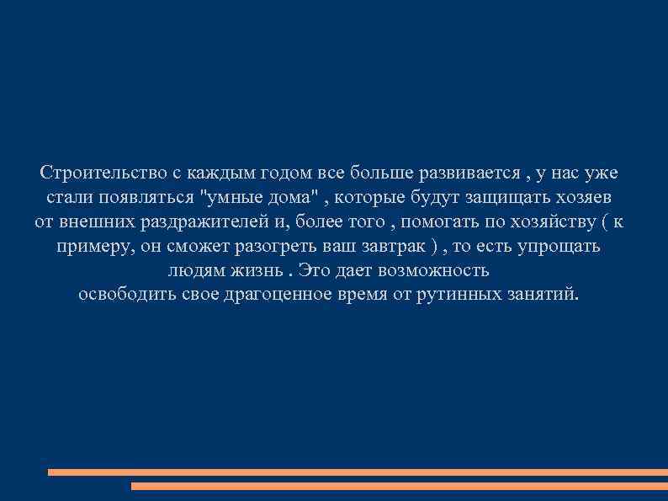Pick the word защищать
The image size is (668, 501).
(505, 198)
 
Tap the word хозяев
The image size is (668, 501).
(586, 198)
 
